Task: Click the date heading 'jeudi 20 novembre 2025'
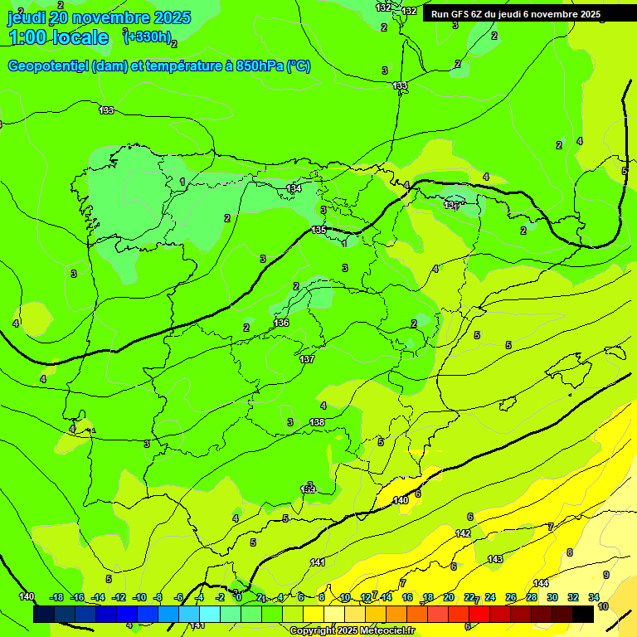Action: (99, 17)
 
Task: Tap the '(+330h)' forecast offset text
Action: (147, 36)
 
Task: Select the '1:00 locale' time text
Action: (58, 37)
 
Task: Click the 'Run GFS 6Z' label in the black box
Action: (464, 14)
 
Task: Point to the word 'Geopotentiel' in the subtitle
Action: (46, 66)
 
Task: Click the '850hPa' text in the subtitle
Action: (260, 66)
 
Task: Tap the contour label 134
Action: (294, 189)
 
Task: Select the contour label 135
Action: (319, 230)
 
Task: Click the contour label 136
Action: (282, 323)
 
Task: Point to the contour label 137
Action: (307, 359)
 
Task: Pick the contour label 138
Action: (317, 422)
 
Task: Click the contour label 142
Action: (464, 533)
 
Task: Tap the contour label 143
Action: (495, 559)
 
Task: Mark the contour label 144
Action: (541, 583)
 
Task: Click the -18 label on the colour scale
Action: (56, 597)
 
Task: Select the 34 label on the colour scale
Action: (594, 597)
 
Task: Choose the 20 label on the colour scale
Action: (449, 597)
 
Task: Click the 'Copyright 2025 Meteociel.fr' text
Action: (353, 630)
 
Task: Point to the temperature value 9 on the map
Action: (605, 575)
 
